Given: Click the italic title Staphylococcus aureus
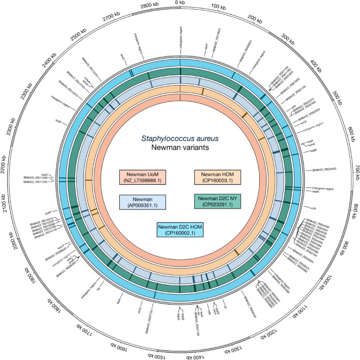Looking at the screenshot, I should coord(180,137).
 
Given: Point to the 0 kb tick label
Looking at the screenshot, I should coord(180,4).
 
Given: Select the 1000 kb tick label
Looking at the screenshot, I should coord(333,277).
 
